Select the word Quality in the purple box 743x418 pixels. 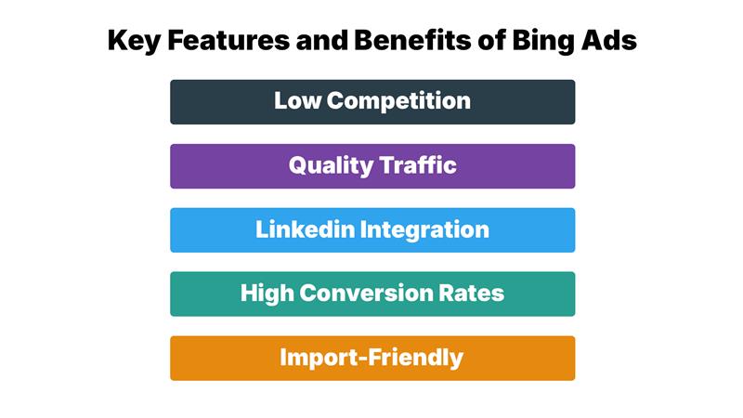coord(328,165)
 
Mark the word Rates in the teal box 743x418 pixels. coord(473,294)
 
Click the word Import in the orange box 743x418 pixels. coord(314,358)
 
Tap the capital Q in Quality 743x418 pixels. coord(298,165)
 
